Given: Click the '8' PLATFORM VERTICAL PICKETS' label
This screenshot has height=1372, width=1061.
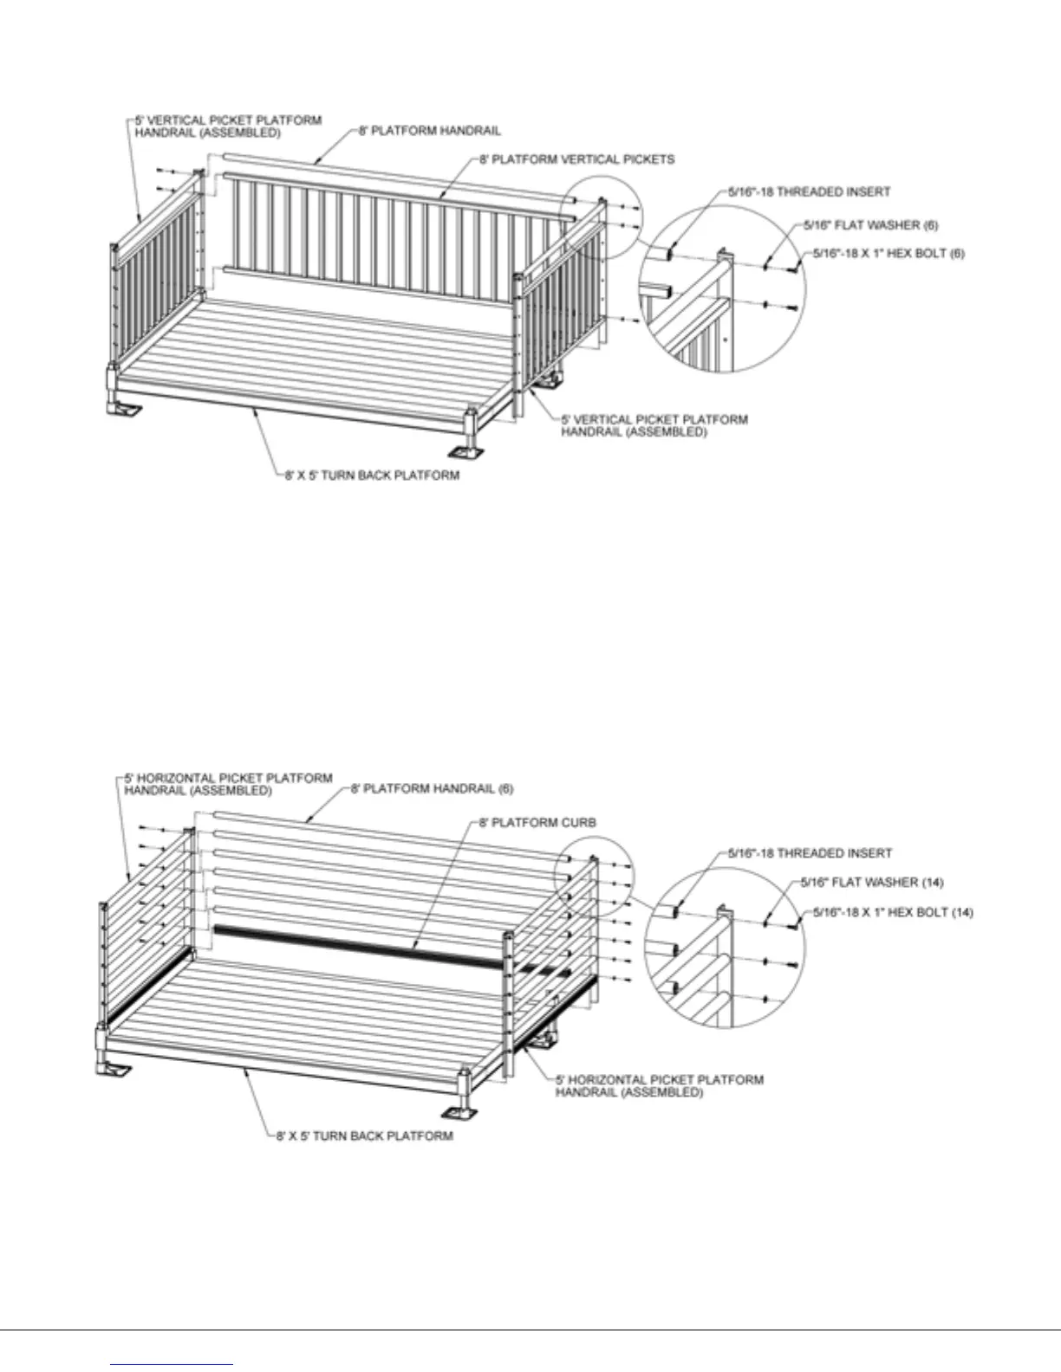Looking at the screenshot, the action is pos(576,159).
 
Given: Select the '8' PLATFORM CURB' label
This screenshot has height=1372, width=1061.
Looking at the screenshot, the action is pos(537,822).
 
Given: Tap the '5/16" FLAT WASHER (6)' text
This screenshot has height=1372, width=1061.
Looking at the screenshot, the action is pos(870,224).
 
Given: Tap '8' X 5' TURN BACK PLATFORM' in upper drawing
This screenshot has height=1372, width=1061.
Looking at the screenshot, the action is pos(373,476).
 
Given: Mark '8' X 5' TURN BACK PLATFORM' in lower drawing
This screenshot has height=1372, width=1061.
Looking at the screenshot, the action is pos(365,1135).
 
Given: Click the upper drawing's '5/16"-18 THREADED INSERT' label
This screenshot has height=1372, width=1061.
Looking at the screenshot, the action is pos(809,191).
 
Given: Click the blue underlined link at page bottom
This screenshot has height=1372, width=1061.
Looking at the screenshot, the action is pos(172,1364).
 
